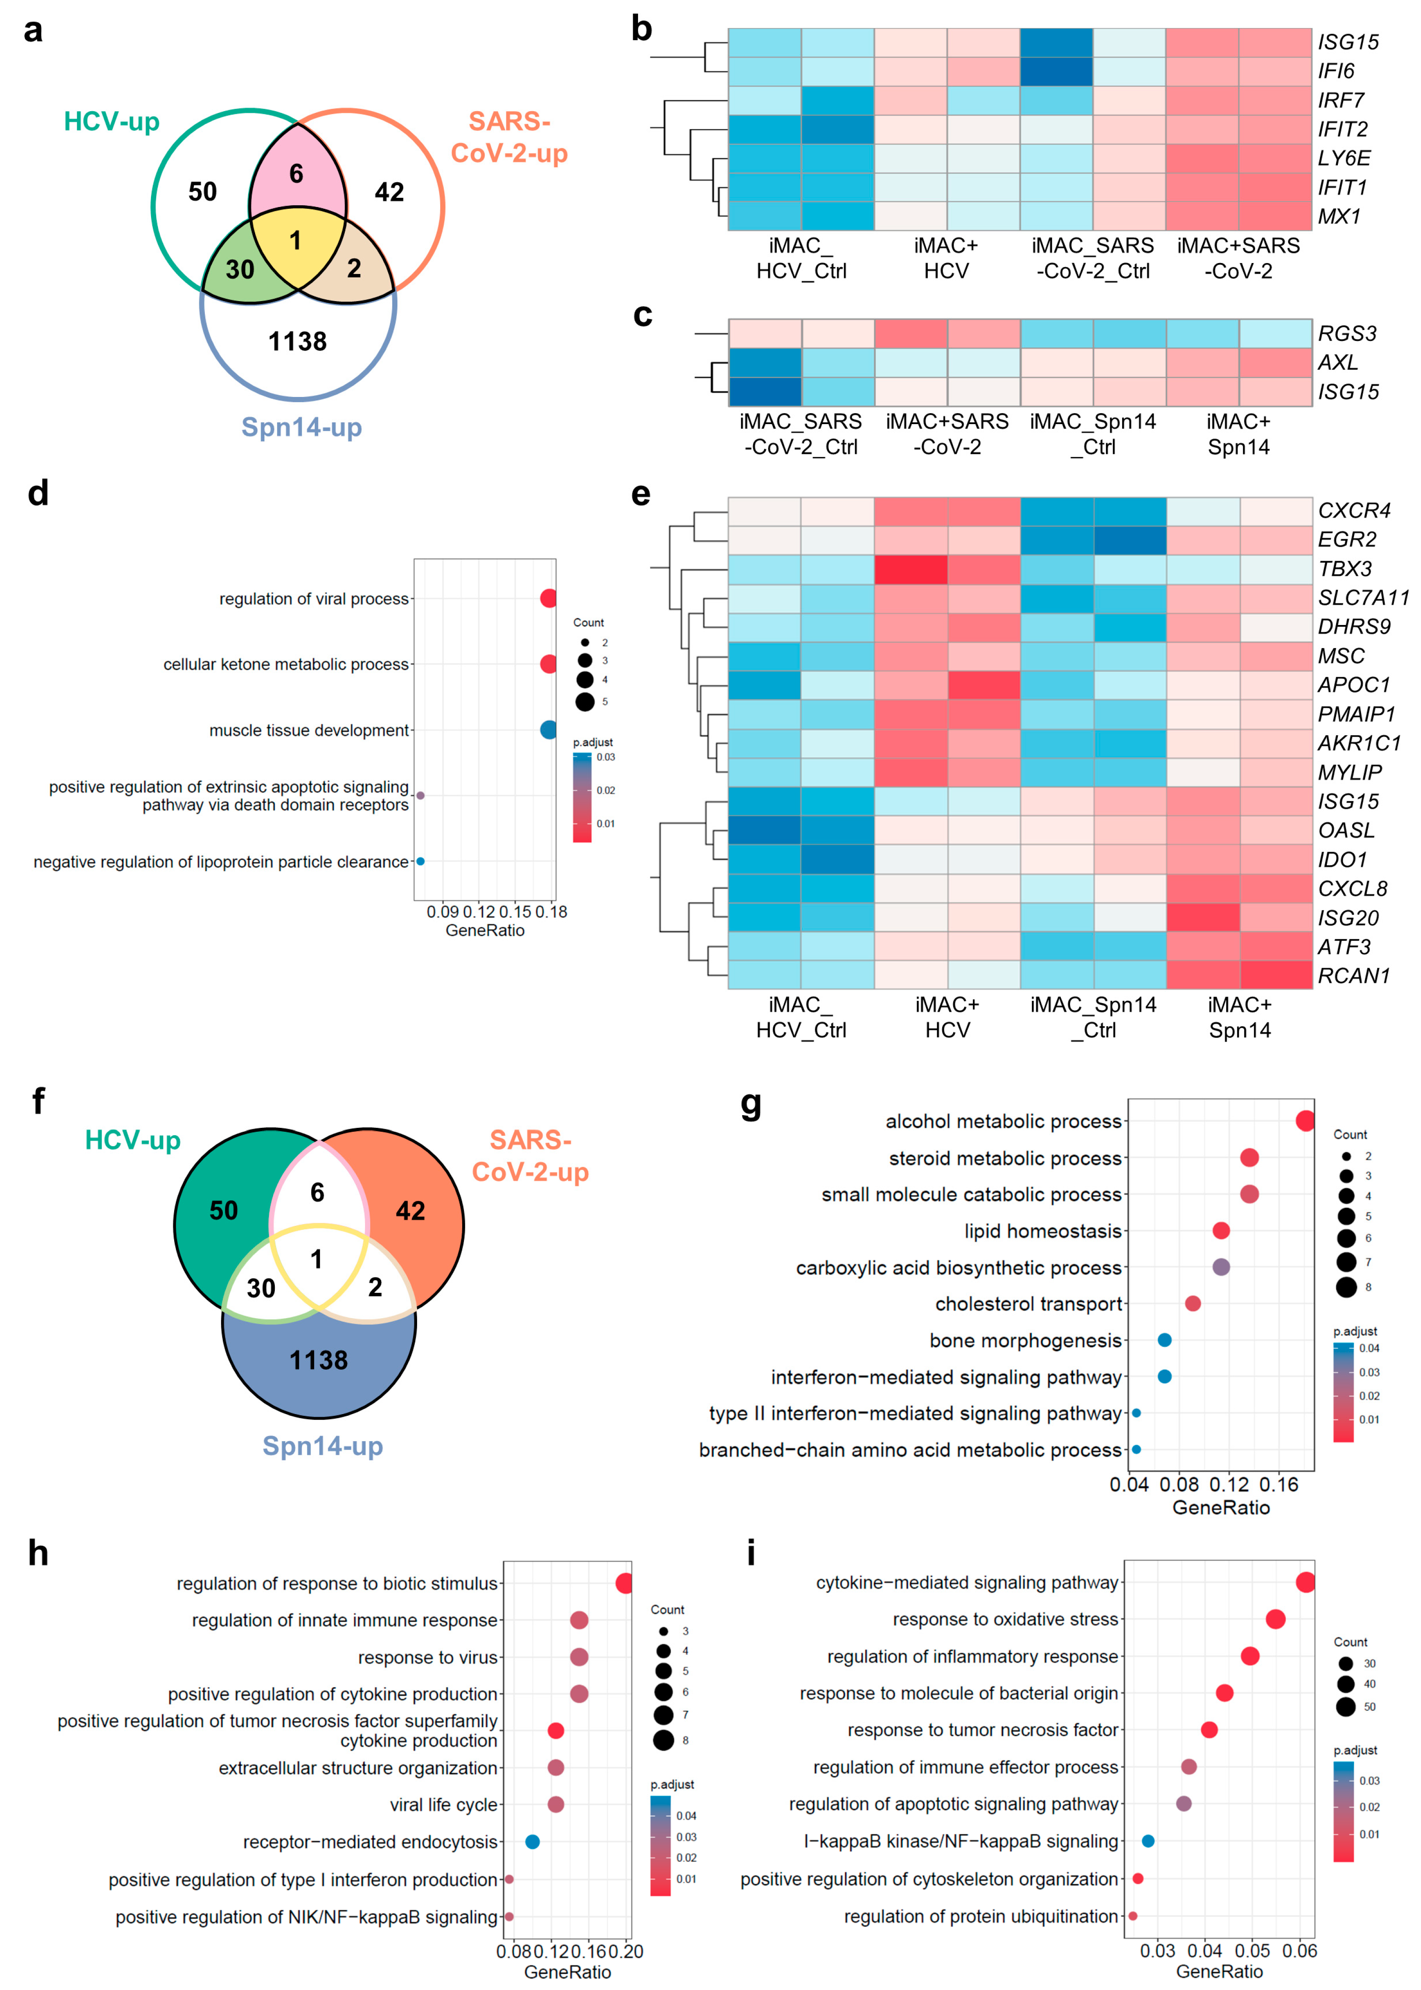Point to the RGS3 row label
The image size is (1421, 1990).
point(1347,333)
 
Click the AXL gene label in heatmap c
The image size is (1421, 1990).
point(1338,362)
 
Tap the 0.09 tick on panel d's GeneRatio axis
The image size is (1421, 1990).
point(443,912)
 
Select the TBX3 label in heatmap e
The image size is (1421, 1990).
point(1345,569)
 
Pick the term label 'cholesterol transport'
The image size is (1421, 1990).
point(1028,1304)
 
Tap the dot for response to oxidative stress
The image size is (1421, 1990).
point(1275,1619)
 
